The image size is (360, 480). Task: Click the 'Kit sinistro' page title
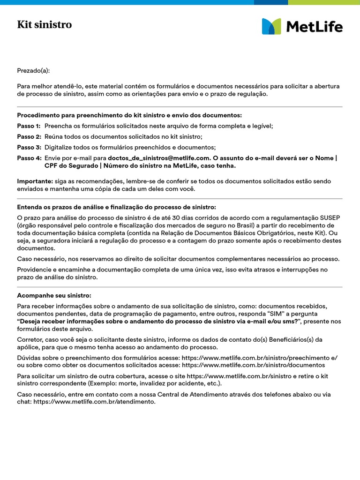pos(45,25)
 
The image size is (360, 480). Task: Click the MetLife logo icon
pos(271,26)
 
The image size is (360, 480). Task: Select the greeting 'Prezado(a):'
pos(33,71)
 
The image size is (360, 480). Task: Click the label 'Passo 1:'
pos(29,126)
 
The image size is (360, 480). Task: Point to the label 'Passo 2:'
pos(29,136)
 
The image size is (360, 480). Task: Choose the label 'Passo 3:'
pos(29,147)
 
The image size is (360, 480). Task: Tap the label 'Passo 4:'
pos(29,158)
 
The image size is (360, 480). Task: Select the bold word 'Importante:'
pos(34,181)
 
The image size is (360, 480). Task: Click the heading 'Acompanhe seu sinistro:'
pos(54,295)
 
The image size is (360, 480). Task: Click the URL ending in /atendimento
pos(94,402)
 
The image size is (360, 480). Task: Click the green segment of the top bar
pos(324,2)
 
